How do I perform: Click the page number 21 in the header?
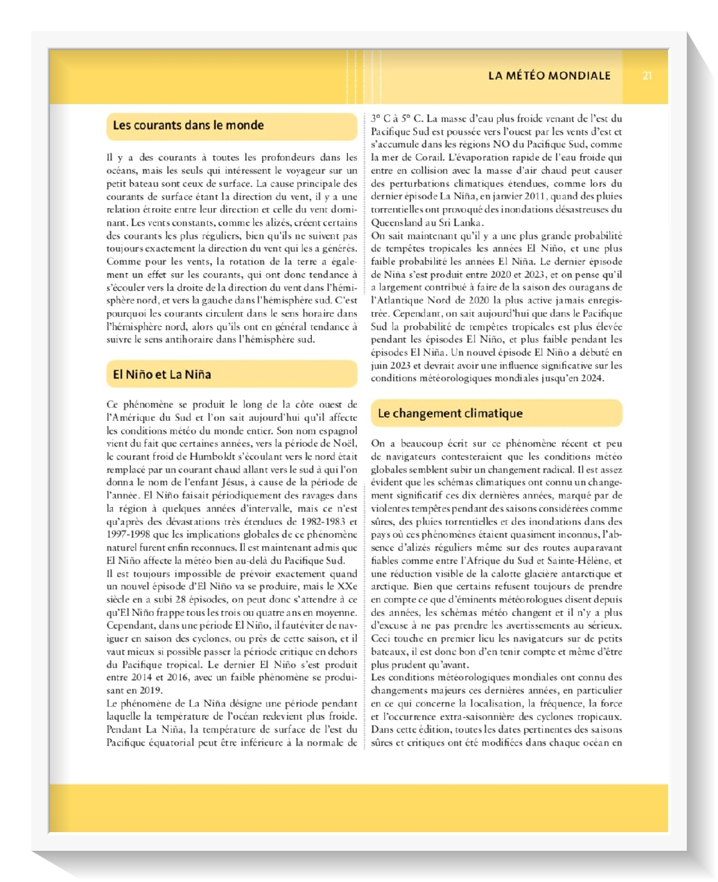(x=647, y=76)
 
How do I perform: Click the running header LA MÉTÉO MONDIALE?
(x=549, y=76)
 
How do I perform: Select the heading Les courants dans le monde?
(x=188, y=125)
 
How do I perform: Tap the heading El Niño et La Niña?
(x=162, y=375)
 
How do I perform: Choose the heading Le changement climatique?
(x=450, y=413)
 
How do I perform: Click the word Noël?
(x=345, y=444)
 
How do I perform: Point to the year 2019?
(x=152, y=691)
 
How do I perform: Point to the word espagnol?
(x=337, y=431)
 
